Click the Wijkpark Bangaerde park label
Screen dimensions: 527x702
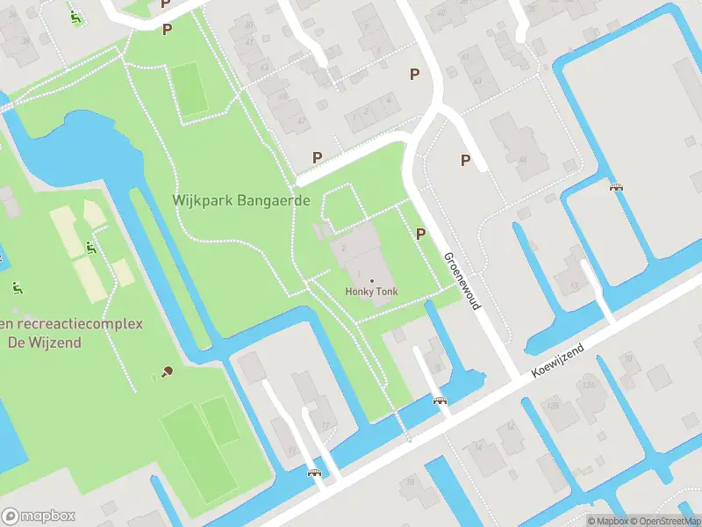tap(242, 200)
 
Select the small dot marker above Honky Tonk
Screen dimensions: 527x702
tap(370, 280)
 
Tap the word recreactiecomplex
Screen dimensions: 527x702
tap(79, 323)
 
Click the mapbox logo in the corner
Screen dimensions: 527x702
tap(39, 516)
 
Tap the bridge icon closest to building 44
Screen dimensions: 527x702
tap(616, 186)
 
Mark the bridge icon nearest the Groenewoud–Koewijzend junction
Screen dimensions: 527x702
tap(441, 401)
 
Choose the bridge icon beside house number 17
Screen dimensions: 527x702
tap(314, 473)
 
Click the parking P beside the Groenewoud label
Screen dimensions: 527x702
tap(420, 234)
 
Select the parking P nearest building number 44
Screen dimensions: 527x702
tap(465, 160)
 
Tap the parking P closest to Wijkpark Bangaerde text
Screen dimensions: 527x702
tap(317, 157)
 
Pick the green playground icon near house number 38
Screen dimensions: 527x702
tap(76, 16)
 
